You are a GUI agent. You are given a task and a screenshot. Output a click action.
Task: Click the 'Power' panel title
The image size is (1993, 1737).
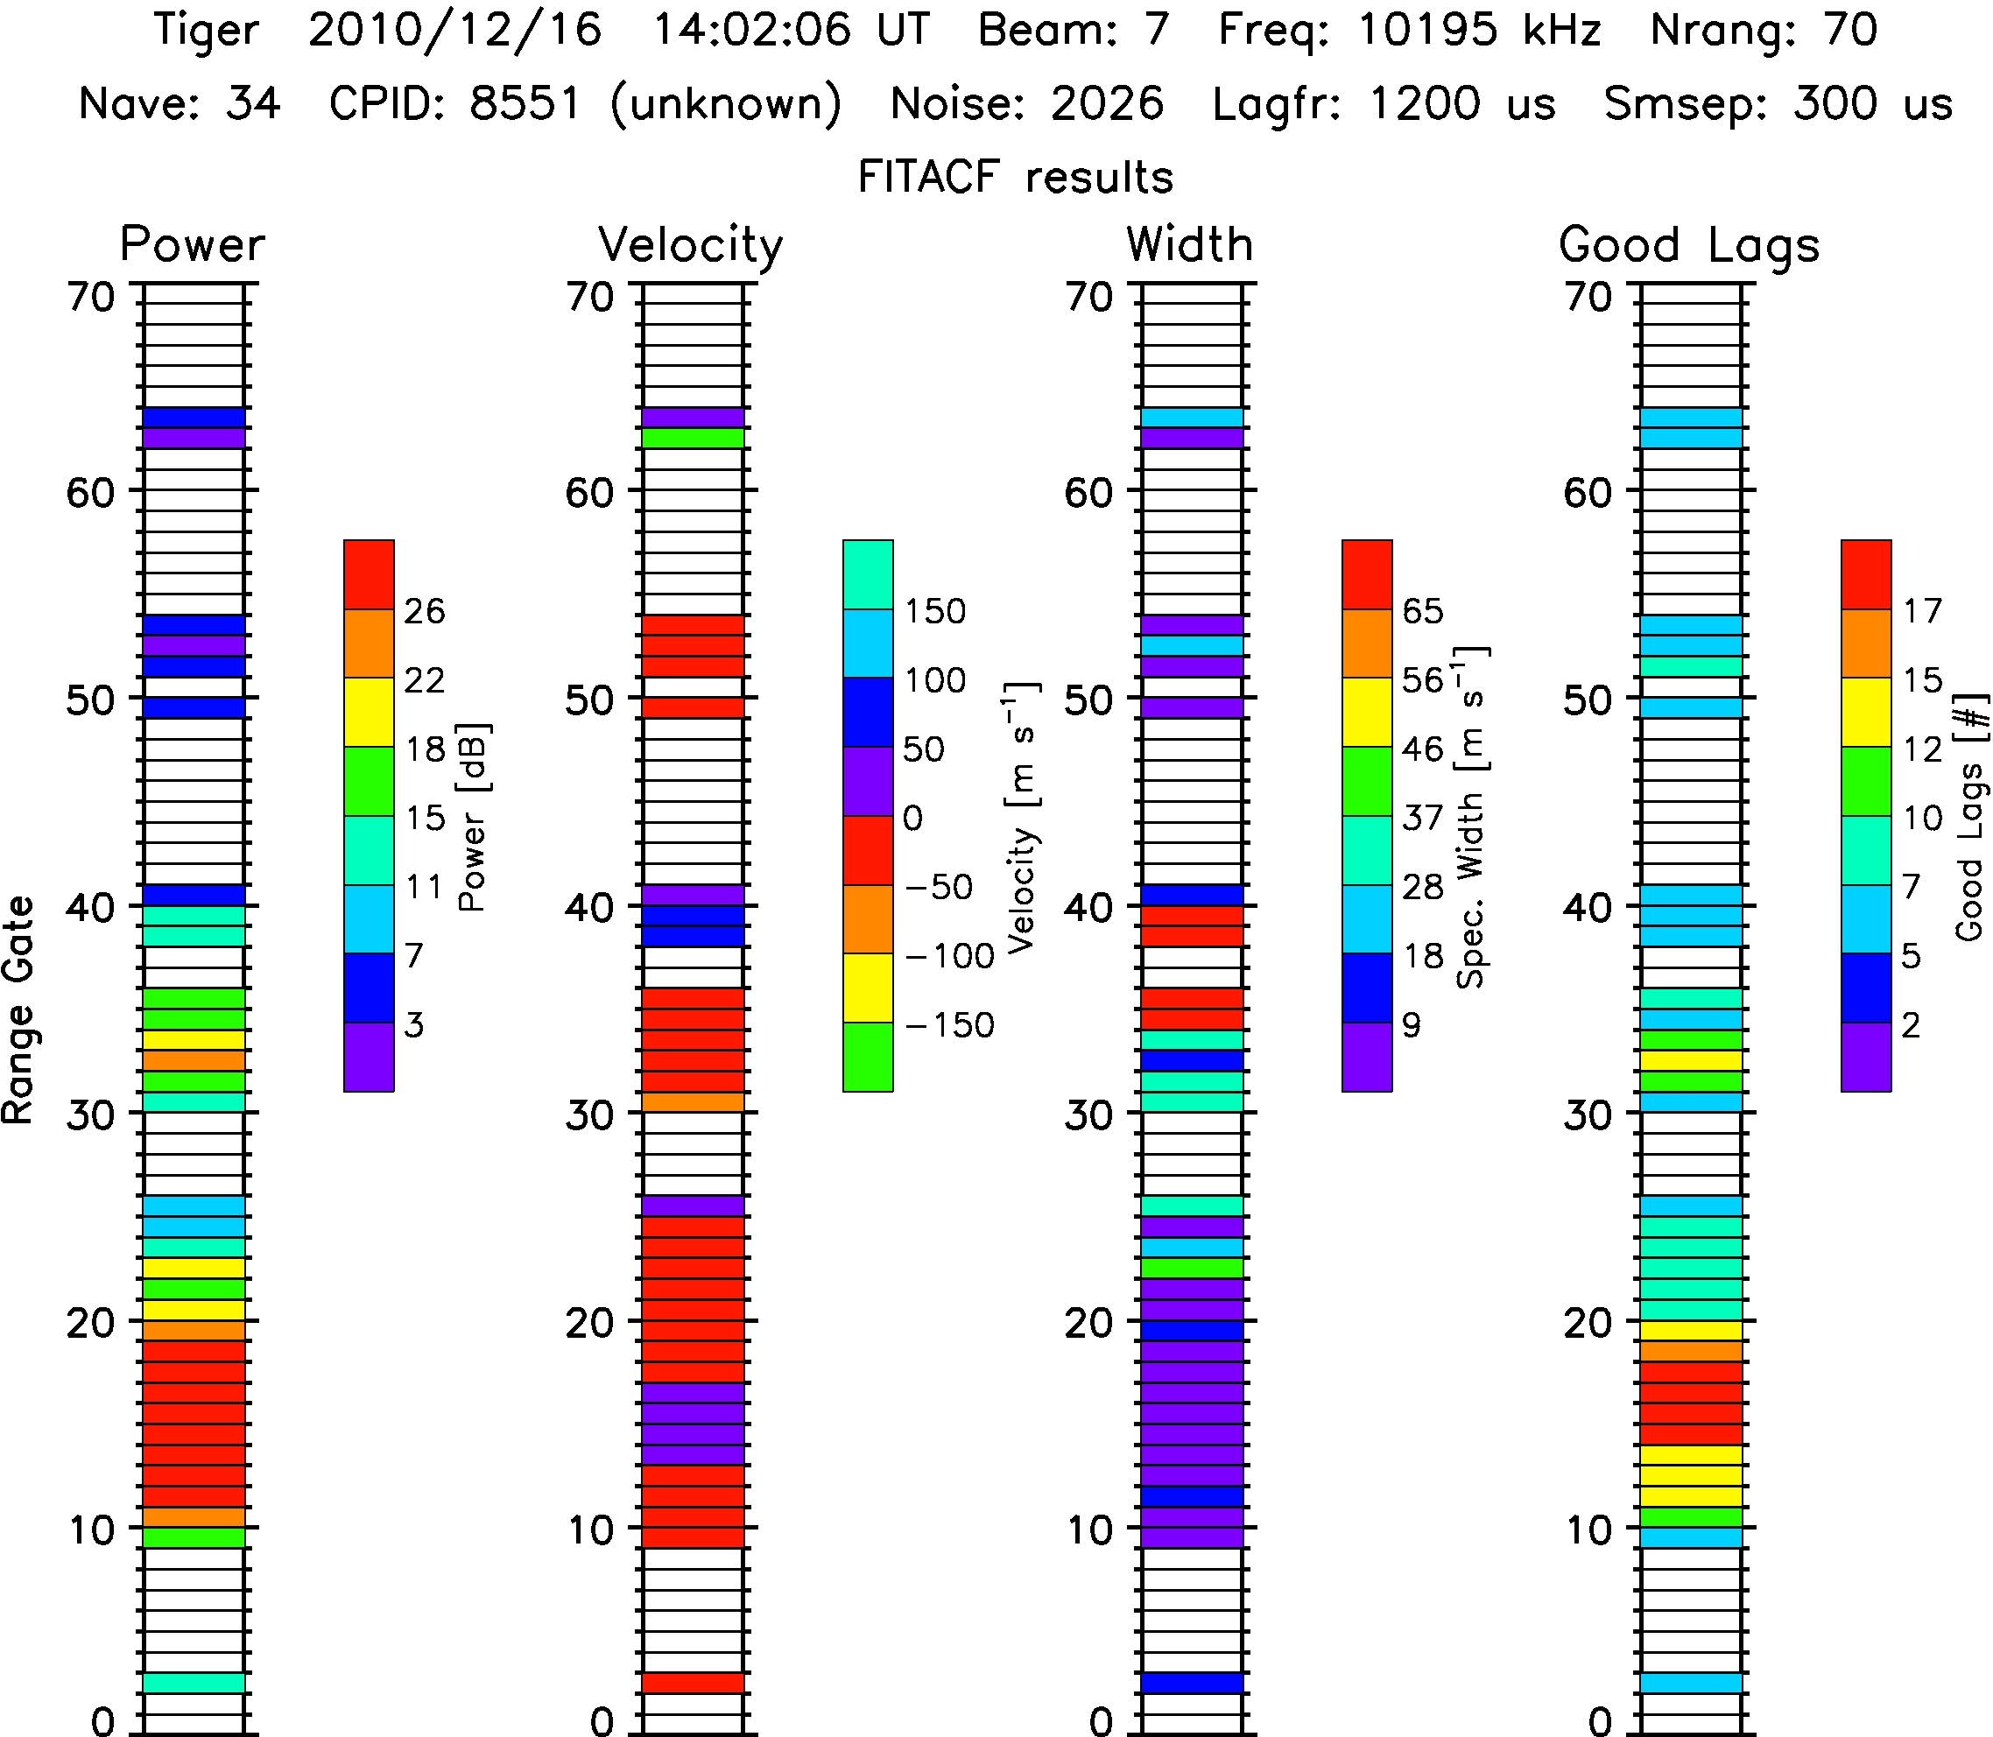192,244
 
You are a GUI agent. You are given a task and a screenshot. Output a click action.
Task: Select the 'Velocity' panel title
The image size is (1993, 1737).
690,244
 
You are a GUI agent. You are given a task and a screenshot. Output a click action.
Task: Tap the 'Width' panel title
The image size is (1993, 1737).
1189,244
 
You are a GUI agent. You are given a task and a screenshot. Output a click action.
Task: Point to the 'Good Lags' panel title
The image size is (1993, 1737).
1688,244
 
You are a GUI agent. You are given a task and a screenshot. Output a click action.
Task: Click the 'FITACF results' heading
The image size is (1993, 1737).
1015,178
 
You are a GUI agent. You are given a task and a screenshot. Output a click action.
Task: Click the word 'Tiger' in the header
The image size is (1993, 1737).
207,30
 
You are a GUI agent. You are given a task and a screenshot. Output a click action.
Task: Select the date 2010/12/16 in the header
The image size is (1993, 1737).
455,30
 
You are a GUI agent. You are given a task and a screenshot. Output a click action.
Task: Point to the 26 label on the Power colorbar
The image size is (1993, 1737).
425,611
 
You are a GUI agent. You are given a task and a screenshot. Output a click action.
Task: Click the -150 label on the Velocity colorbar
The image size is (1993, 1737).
950,1024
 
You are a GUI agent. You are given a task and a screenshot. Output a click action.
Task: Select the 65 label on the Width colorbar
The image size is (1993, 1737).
1423,611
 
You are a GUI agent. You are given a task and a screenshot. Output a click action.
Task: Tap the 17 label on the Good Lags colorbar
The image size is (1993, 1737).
1922,611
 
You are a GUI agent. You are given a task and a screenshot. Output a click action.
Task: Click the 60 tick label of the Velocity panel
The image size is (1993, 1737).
589,492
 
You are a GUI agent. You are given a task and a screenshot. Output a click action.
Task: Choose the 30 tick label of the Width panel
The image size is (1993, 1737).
1088,1115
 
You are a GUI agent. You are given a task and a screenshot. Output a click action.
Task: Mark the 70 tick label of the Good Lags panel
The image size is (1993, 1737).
1588,297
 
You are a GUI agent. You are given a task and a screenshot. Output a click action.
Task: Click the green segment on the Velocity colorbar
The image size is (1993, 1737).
868,1058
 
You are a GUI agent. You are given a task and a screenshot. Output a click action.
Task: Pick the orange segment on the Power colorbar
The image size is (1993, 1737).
369,643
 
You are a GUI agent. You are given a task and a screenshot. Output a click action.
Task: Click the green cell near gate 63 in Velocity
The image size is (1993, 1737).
692,438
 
